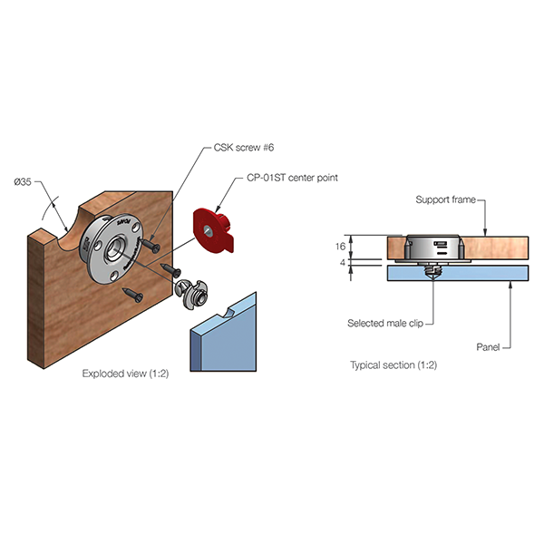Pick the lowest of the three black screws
[133, 294]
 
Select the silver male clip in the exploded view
[191, 290]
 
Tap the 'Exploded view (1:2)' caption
[125, 373]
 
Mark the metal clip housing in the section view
[433, 248]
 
